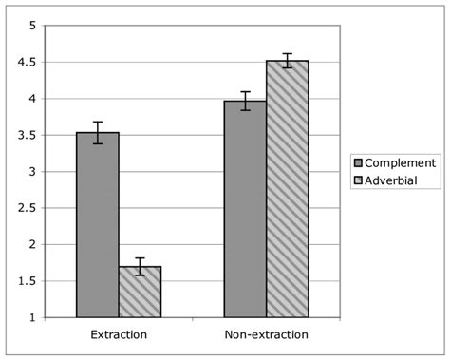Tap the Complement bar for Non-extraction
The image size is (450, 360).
click(245, 209)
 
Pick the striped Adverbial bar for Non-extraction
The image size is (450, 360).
click(287, 189)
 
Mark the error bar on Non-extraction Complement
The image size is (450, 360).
click(245, 101)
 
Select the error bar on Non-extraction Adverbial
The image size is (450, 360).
click(287, 61)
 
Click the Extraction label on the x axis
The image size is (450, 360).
click(118, 335)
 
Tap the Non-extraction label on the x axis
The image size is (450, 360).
click(266, 335)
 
